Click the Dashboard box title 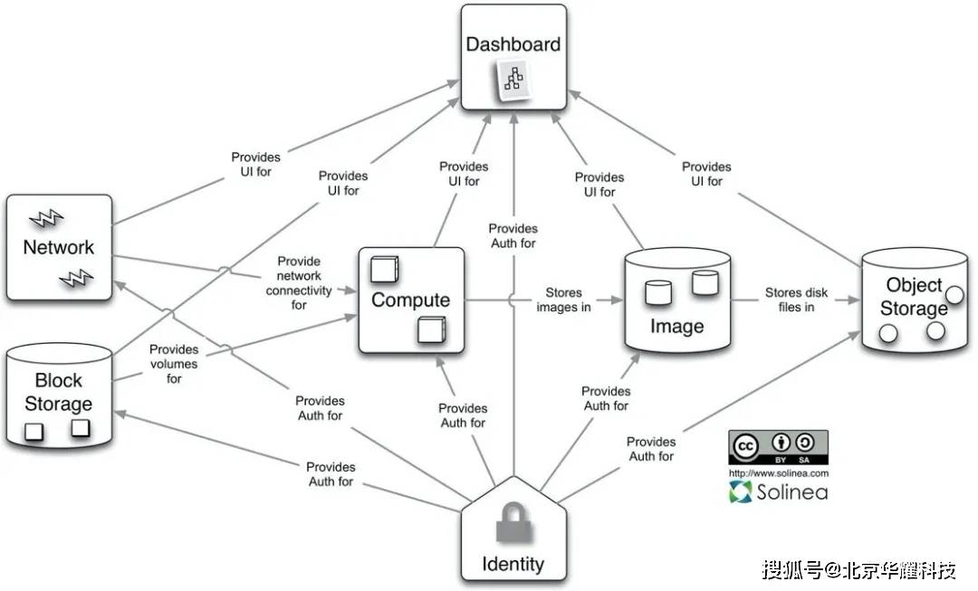coord(513,44)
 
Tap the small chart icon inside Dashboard coord(514,82)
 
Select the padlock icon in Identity coord(513,524)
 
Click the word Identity coord(513,565)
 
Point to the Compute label coord(410,300)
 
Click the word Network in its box coord(58,247)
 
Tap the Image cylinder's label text coord(676,326)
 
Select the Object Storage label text coord(914,297)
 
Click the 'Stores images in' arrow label coord(563,300)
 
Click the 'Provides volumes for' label coord(174,364)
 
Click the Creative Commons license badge coord(778,447)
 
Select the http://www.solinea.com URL coord(778,473)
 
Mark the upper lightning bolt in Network coord(45,218)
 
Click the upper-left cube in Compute coord(384,270)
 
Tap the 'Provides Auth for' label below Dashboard coord(513,236)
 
